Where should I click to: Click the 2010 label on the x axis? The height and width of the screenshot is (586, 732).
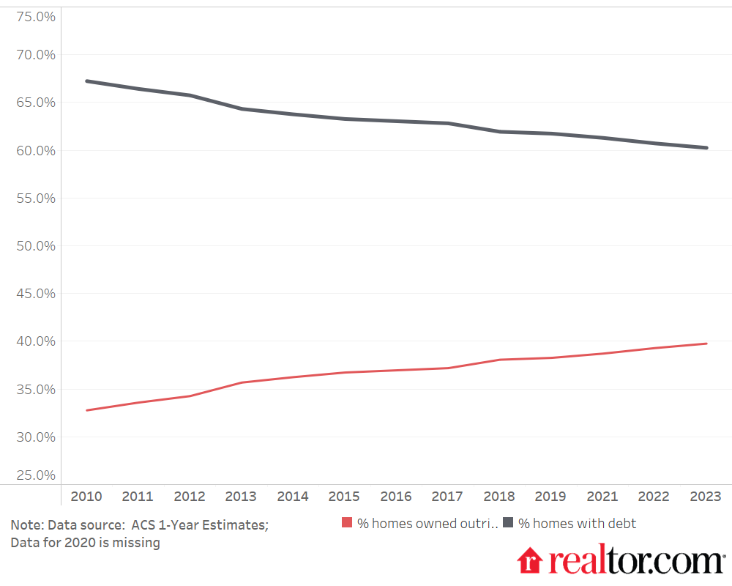[86, 497]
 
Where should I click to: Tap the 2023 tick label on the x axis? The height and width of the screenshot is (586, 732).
[706, 497]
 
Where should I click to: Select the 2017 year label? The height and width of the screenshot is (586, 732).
[447, 497]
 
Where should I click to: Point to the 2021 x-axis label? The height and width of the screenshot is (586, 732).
[602, 497]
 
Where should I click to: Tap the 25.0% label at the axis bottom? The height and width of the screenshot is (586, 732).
[35, 475]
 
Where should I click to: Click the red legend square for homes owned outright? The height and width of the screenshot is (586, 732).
[348, 524]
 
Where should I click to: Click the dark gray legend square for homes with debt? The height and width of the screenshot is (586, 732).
[508, 524]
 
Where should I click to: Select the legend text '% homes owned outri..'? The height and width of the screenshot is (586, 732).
[427, 524]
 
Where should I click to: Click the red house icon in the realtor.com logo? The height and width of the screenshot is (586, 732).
[529, 560]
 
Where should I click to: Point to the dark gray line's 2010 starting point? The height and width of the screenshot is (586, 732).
[86, 81]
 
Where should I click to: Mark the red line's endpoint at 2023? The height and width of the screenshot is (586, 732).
[706, 344]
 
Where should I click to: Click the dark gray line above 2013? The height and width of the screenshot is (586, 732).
[241, 109]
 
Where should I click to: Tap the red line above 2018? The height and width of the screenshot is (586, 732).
[499, 360]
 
